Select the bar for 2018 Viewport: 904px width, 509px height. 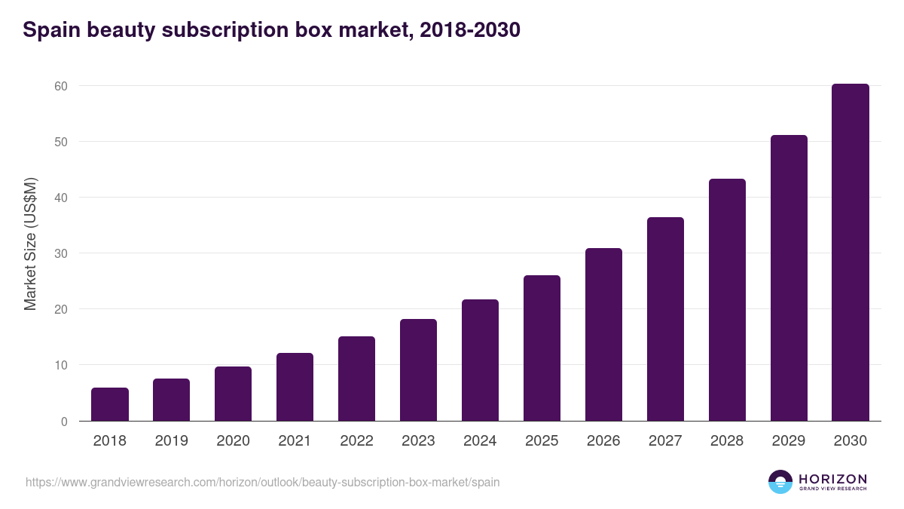click(110, 404)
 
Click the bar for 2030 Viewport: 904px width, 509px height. click(851, 253)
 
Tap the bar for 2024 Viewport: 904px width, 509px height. click(480, 360)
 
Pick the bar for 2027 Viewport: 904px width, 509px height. click(665, 319)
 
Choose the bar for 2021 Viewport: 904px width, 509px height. click(295, 387)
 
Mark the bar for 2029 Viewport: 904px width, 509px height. click(789, 278)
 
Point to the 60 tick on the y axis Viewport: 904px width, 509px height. click(60, 86)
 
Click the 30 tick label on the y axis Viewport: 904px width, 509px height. click(60, 253)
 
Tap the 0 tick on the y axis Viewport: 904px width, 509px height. click(64, 422)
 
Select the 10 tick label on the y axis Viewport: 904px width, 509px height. click(60, 365)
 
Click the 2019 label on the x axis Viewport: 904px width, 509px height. click(172, 441)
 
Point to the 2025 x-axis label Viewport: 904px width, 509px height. click(542, 441)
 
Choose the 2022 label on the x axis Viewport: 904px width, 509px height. click(356, 441)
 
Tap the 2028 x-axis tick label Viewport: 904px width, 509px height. click(727, 441)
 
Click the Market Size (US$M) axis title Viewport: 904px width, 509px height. click(30, 244)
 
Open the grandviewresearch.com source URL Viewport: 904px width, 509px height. click(262, 482)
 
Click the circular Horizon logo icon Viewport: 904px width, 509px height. click(780, 482)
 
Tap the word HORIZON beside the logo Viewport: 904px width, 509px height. click(832, 479)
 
